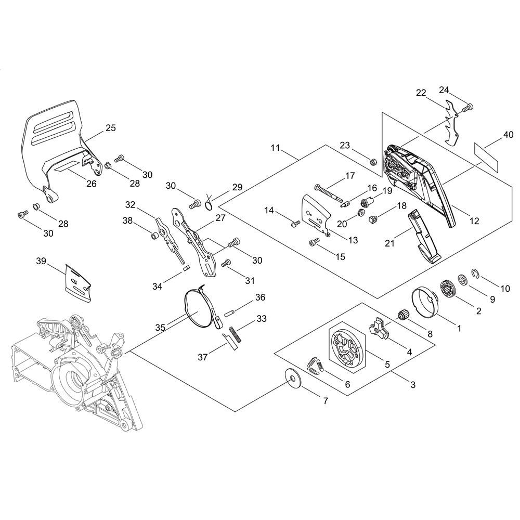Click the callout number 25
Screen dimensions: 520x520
110,128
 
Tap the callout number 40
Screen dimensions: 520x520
508,135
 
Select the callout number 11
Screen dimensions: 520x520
275,148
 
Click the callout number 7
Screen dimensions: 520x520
326,401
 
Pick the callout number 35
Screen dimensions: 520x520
160,328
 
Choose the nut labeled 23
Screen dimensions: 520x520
373,162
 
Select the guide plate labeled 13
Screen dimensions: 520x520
315,216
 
